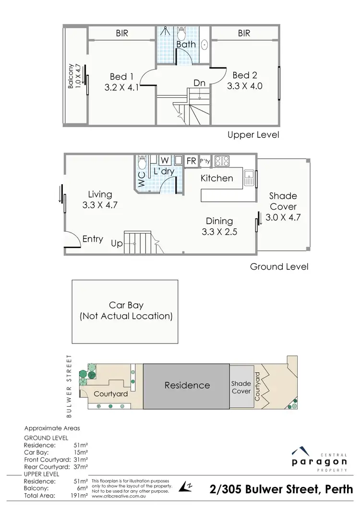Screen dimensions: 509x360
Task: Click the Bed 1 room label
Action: coord(121,77)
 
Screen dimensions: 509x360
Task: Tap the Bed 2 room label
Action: coord(244,75)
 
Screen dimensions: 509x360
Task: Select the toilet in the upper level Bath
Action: coord(181,33)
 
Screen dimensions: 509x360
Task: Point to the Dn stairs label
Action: coord(199,83)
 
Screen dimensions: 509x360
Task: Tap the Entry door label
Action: coord(93,239)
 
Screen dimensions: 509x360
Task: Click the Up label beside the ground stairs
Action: coord(117,243)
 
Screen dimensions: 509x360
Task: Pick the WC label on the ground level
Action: coord(142,179)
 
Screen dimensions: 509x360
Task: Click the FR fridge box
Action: coord(191,161)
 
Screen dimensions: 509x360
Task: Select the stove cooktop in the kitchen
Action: coord(222,161)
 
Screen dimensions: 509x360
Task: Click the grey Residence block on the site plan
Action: coord(187,385)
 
